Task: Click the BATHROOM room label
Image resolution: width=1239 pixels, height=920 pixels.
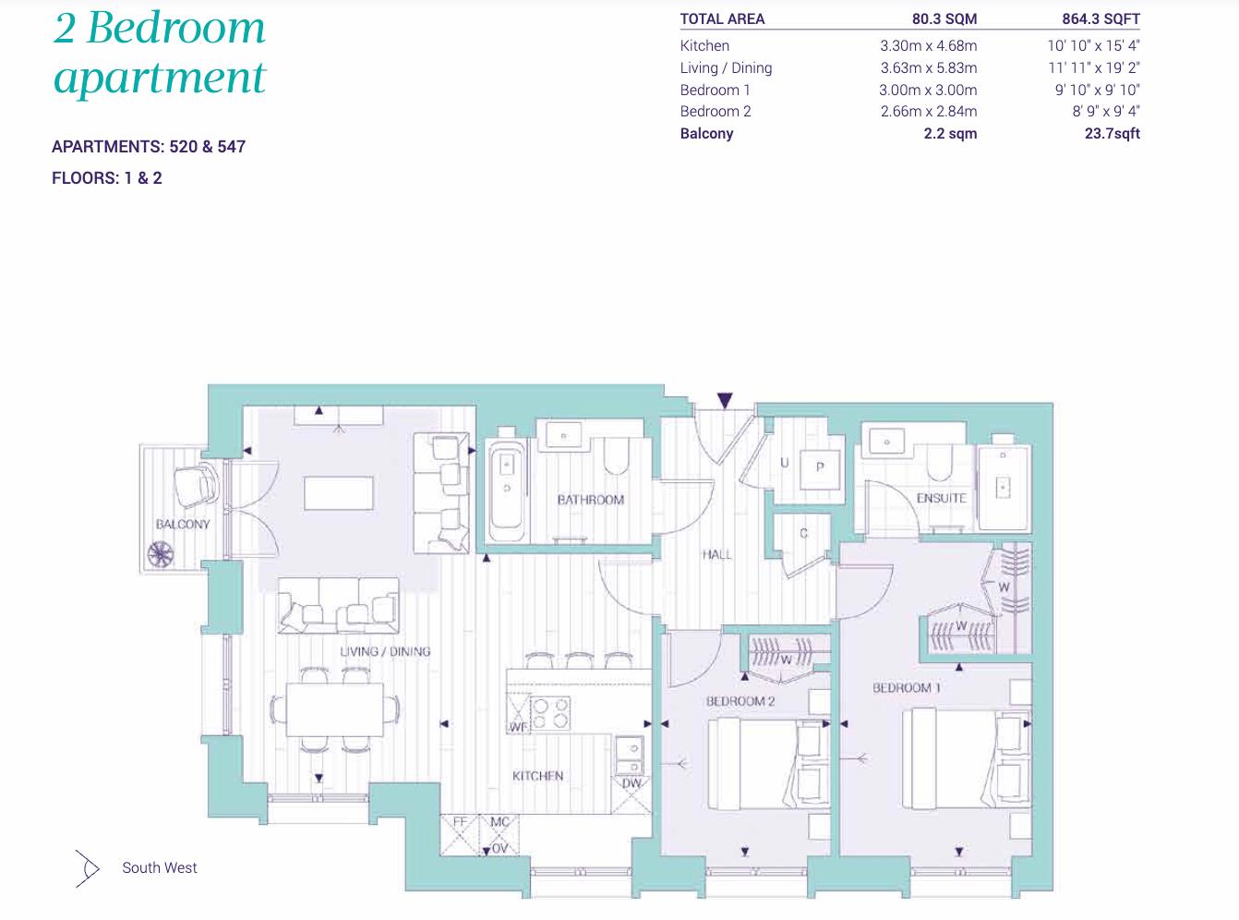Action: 590,500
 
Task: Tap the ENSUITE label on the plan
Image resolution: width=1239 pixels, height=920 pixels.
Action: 941,498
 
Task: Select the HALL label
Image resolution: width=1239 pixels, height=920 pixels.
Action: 716,554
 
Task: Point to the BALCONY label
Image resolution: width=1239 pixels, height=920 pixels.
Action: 183,524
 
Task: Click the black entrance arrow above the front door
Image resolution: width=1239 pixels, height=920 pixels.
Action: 725,400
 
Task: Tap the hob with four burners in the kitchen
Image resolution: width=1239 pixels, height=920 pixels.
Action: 548,714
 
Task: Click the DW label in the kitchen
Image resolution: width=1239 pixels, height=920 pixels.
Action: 632,783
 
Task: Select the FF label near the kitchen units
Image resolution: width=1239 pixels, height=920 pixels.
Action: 459,820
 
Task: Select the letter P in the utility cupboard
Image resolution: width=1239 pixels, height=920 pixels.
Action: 819,467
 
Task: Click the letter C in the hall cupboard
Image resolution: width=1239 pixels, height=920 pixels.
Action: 803,533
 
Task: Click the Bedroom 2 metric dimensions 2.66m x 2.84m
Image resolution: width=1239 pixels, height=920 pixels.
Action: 928,111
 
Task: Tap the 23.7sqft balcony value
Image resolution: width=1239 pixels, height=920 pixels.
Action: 1112,133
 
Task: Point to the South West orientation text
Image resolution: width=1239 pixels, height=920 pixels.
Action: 160,867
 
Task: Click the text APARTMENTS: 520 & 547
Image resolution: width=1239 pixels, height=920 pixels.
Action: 149,146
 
